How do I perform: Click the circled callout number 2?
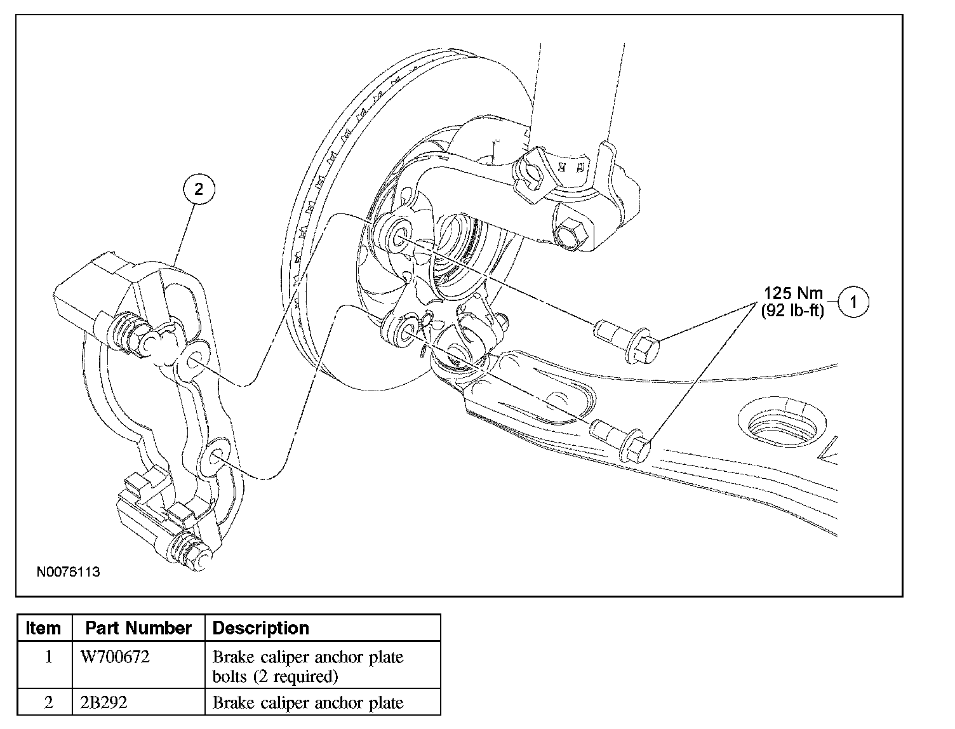199,189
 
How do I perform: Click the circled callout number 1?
853,302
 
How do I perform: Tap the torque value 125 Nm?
793,293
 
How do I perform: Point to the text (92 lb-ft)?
792,311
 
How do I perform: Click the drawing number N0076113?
69,572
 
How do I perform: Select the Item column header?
44,628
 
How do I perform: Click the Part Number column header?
138,628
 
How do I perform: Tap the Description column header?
261,628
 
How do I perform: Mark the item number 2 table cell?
48,703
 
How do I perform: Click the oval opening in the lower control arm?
783,425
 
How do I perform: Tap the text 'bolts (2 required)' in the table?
274,676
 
